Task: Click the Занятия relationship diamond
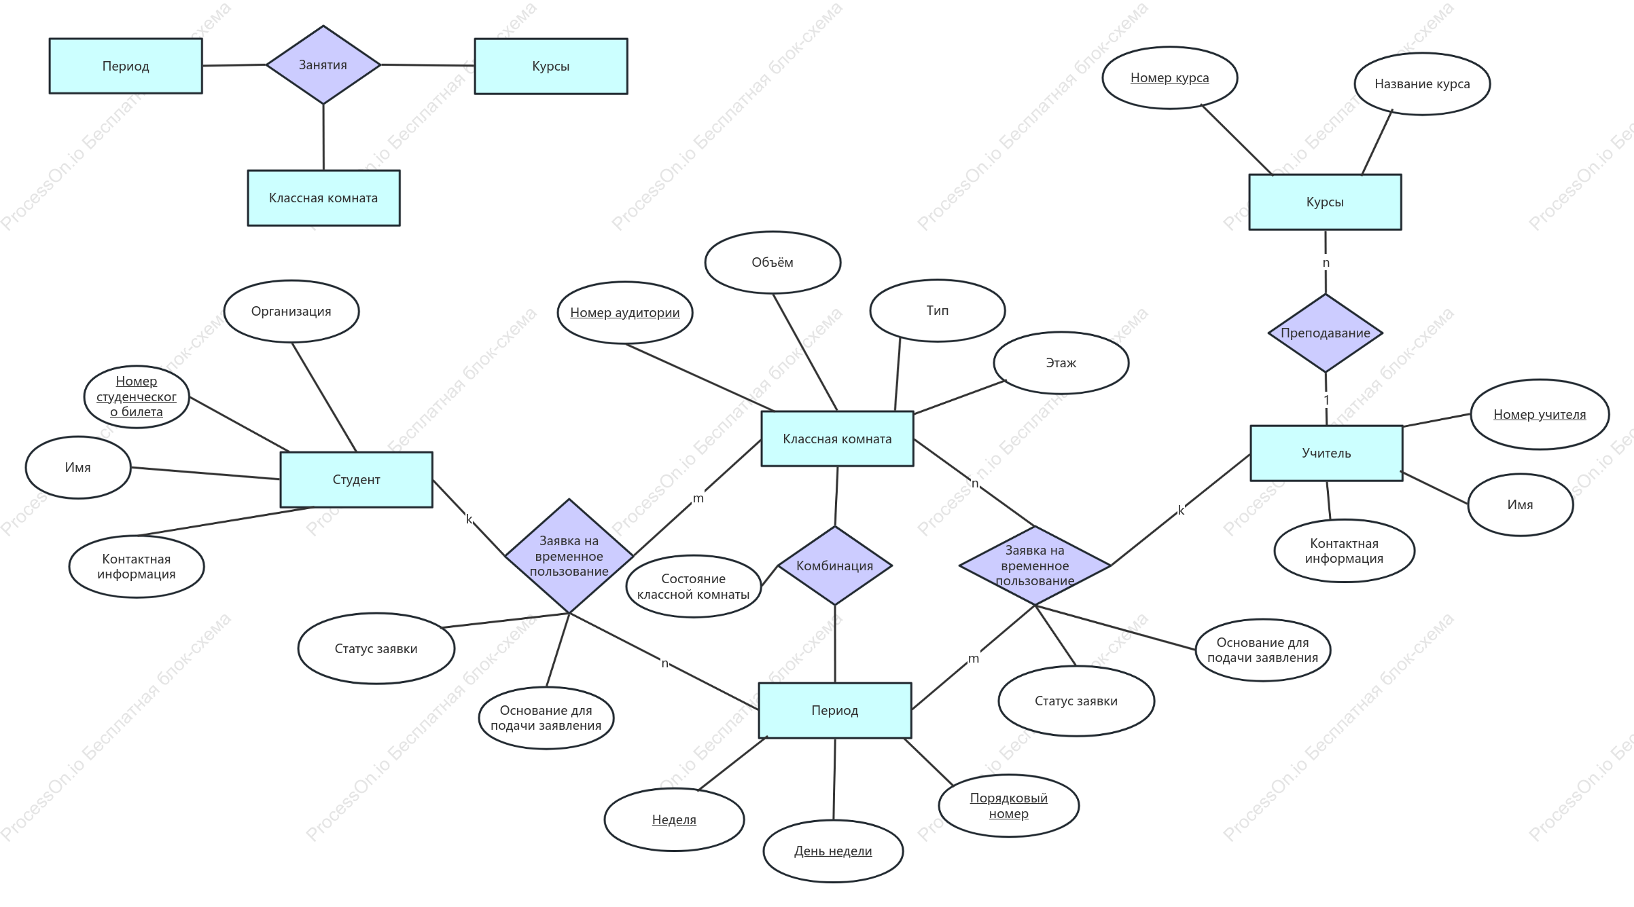click(323, 65)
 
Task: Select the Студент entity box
click(357, 479)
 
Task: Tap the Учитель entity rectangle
click(1326, 453)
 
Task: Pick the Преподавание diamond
click(1326, 333)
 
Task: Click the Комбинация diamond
click(835, 566)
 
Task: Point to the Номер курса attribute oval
click(1170, 77)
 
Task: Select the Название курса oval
click(1422, 84)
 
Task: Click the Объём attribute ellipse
click(772, 263)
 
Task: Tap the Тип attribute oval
click(938, 310)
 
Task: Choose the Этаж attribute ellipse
click(1061, 363)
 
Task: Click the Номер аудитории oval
click(625, 312)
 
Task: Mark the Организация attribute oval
click(291, 312)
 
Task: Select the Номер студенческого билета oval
click(137, 396)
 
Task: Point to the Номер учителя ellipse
click(1540, 414)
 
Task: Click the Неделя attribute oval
click(674, 819)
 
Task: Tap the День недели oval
click(833, 851)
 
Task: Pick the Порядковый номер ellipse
click(1009, 806)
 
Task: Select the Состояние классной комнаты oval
click(694, 587)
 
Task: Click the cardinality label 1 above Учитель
click(1326, 400)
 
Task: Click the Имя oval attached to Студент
click(78, 468)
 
